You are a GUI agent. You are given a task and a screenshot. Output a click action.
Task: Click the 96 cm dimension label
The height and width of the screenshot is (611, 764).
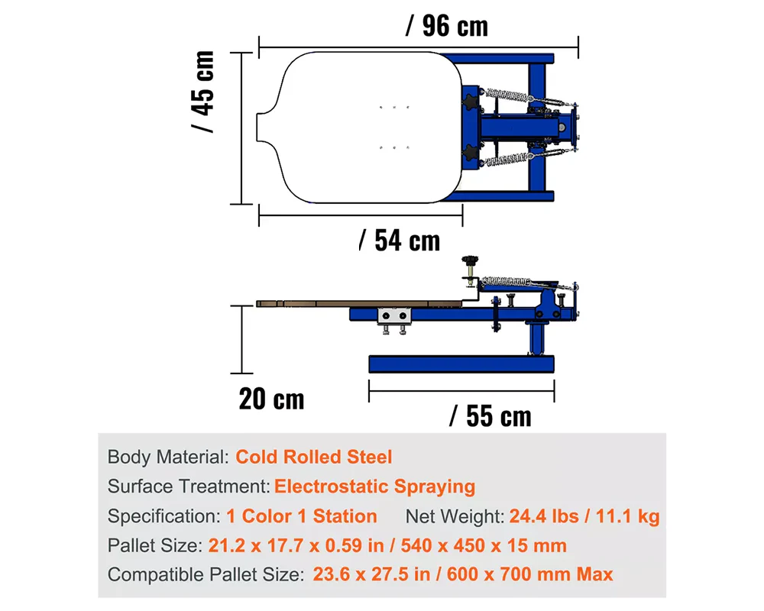[446, 26]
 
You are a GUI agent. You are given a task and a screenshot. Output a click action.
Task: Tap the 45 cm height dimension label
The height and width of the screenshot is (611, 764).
[202, 92]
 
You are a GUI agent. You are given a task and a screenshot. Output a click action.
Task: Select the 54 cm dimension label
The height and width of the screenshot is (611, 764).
[400, 241]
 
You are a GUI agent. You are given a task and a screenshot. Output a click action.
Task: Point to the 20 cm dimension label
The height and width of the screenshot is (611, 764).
[271, 399]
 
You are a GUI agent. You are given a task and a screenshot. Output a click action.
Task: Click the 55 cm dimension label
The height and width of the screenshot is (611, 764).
[490, 416]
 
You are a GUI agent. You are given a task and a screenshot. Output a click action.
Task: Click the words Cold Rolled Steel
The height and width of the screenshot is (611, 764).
[314, 457]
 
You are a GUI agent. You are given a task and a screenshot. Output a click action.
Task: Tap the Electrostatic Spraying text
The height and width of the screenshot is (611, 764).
[374, 487]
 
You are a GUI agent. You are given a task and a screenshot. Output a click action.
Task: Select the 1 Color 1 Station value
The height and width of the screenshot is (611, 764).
[302, 516]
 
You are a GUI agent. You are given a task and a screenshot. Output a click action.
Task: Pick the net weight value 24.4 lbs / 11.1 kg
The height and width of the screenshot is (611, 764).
[584, 516]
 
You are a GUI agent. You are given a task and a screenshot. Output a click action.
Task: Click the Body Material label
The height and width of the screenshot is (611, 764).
[168, 457]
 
